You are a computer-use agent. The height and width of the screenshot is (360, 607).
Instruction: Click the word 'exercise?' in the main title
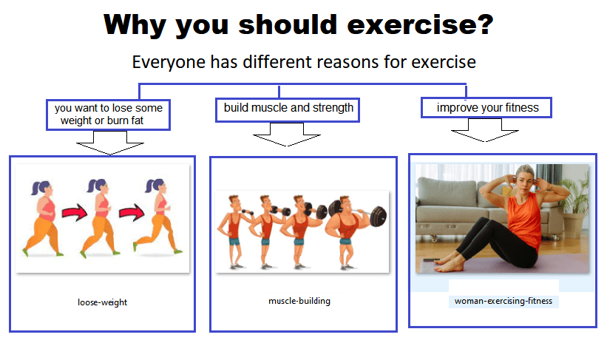tap(420, 24)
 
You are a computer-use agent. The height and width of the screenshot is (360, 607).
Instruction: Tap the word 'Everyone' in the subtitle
tap(168, 62)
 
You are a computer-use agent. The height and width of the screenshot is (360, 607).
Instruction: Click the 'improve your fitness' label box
tap(486, 107)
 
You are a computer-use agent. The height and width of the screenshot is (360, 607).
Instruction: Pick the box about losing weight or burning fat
tap(109, 115)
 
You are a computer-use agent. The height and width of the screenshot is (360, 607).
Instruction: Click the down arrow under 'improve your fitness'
tap(485, 130)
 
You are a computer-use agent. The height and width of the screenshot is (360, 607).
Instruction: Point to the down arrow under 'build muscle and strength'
tap(286, 135)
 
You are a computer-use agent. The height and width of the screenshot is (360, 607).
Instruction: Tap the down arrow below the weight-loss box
tap(110, 143)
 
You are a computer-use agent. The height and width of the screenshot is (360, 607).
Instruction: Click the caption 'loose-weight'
tap(102, 302)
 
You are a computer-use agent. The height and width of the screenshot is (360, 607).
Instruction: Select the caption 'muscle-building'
tap(299, 301)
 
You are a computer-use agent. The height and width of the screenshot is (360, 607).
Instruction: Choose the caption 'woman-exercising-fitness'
tap(503, 301)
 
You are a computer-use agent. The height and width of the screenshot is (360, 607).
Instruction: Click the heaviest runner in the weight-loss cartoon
tap(43, 219)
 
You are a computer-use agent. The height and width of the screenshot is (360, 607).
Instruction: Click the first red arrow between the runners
tap(75, 212)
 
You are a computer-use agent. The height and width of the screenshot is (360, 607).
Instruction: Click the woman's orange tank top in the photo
tap(523, 220)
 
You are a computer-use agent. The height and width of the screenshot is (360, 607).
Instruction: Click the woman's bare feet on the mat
tap(449, 264)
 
